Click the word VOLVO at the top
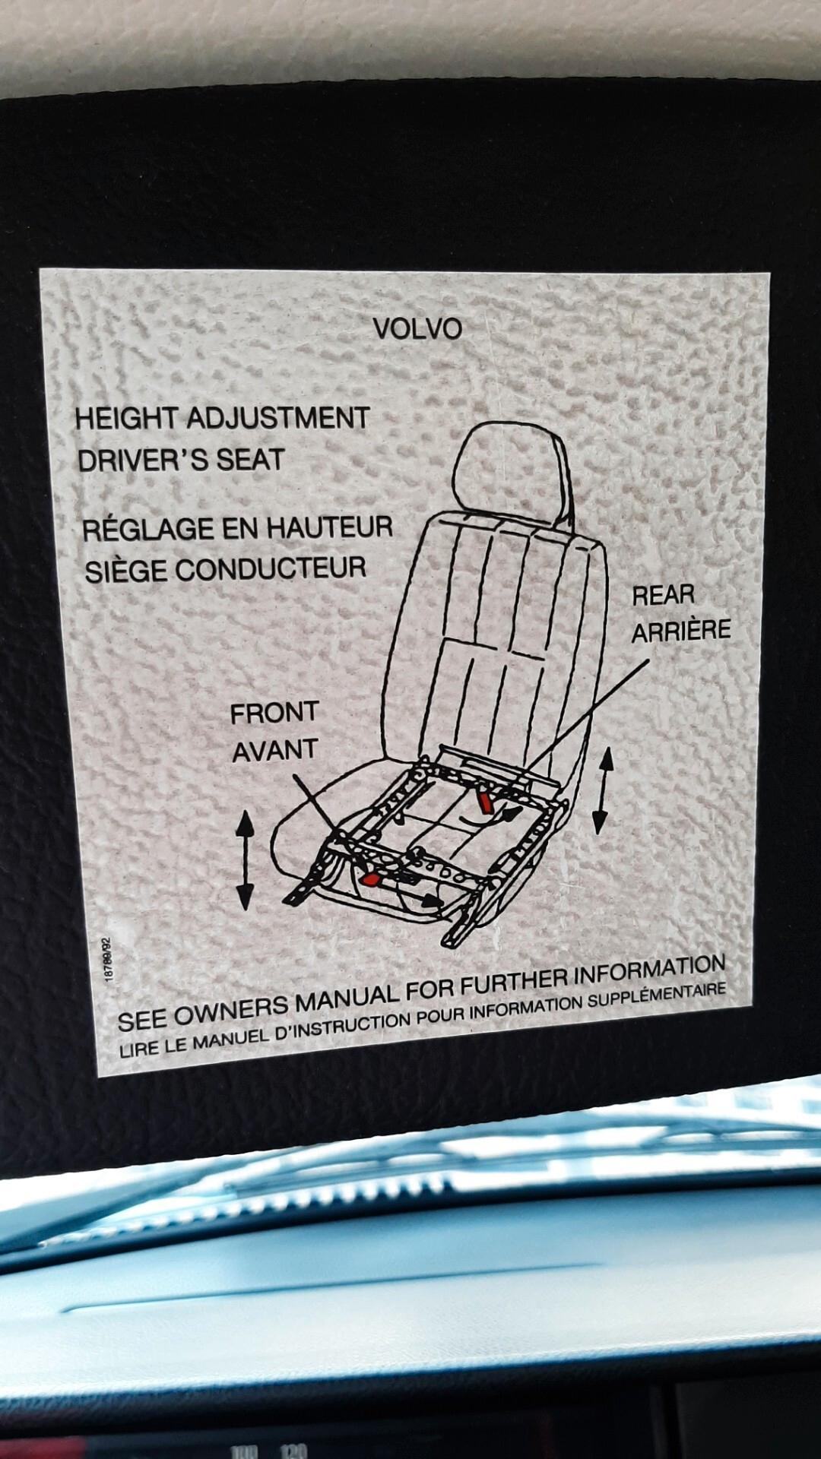pos(417,329)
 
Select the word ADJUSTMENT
pos(278,418)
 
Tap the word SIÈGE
pos(125,571)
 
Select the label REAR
pos(663,595)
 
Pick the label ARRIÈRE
pos(681,631)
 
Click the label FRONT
pos(274,713)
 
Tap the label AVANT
pos(274,751)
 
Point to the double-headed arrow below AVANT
pos(245,859)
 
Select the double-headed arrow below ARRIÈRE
pos(602,790)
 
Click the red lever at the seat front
pos(371,879)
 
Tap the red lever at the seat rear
pos(484,801)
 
